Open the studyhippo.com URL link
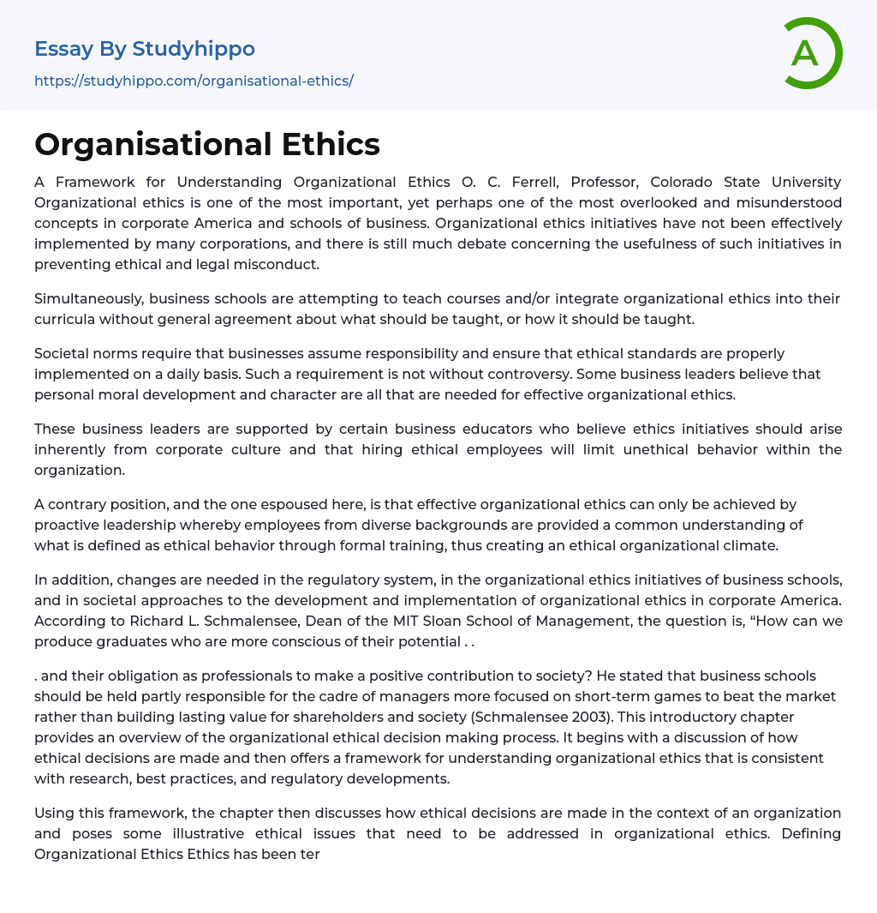194,81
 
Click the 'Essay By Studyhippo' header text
145,49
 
